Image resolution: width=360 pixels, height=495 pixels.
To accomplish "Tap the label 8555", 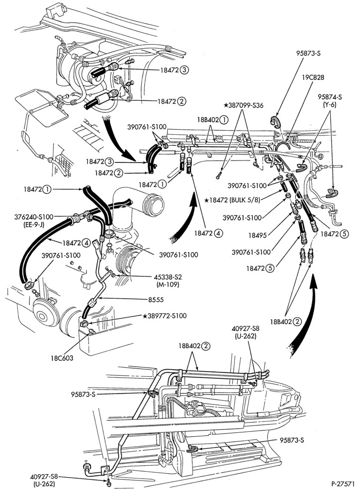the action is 156,300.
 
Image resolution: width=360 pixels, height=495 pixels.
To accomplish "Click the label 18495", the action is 256,235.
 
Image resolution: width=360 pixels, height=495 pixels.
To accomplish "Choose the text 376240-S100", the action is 33,217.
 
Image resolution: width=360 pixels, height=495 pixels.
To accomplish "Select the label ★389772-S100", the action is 164,316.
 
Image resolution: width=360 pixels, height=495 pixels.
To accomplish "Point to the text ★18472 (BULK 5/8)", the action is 232,200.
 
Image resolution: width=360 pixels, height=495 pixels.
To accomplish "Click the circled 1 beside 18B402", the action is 224,120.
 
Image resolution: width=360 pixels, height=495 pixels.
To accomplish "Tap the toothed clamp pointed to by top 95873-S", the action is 275,122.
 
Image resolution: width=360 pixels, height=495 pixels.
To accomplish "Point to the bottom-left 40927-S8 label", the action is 44,477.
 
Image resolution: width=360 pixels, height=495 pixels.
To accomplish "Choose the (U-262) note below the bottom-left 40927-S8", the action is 44,484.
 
